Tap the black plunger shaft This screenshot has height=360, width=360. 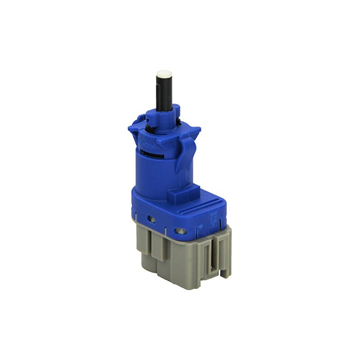(x=164, y=92)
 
